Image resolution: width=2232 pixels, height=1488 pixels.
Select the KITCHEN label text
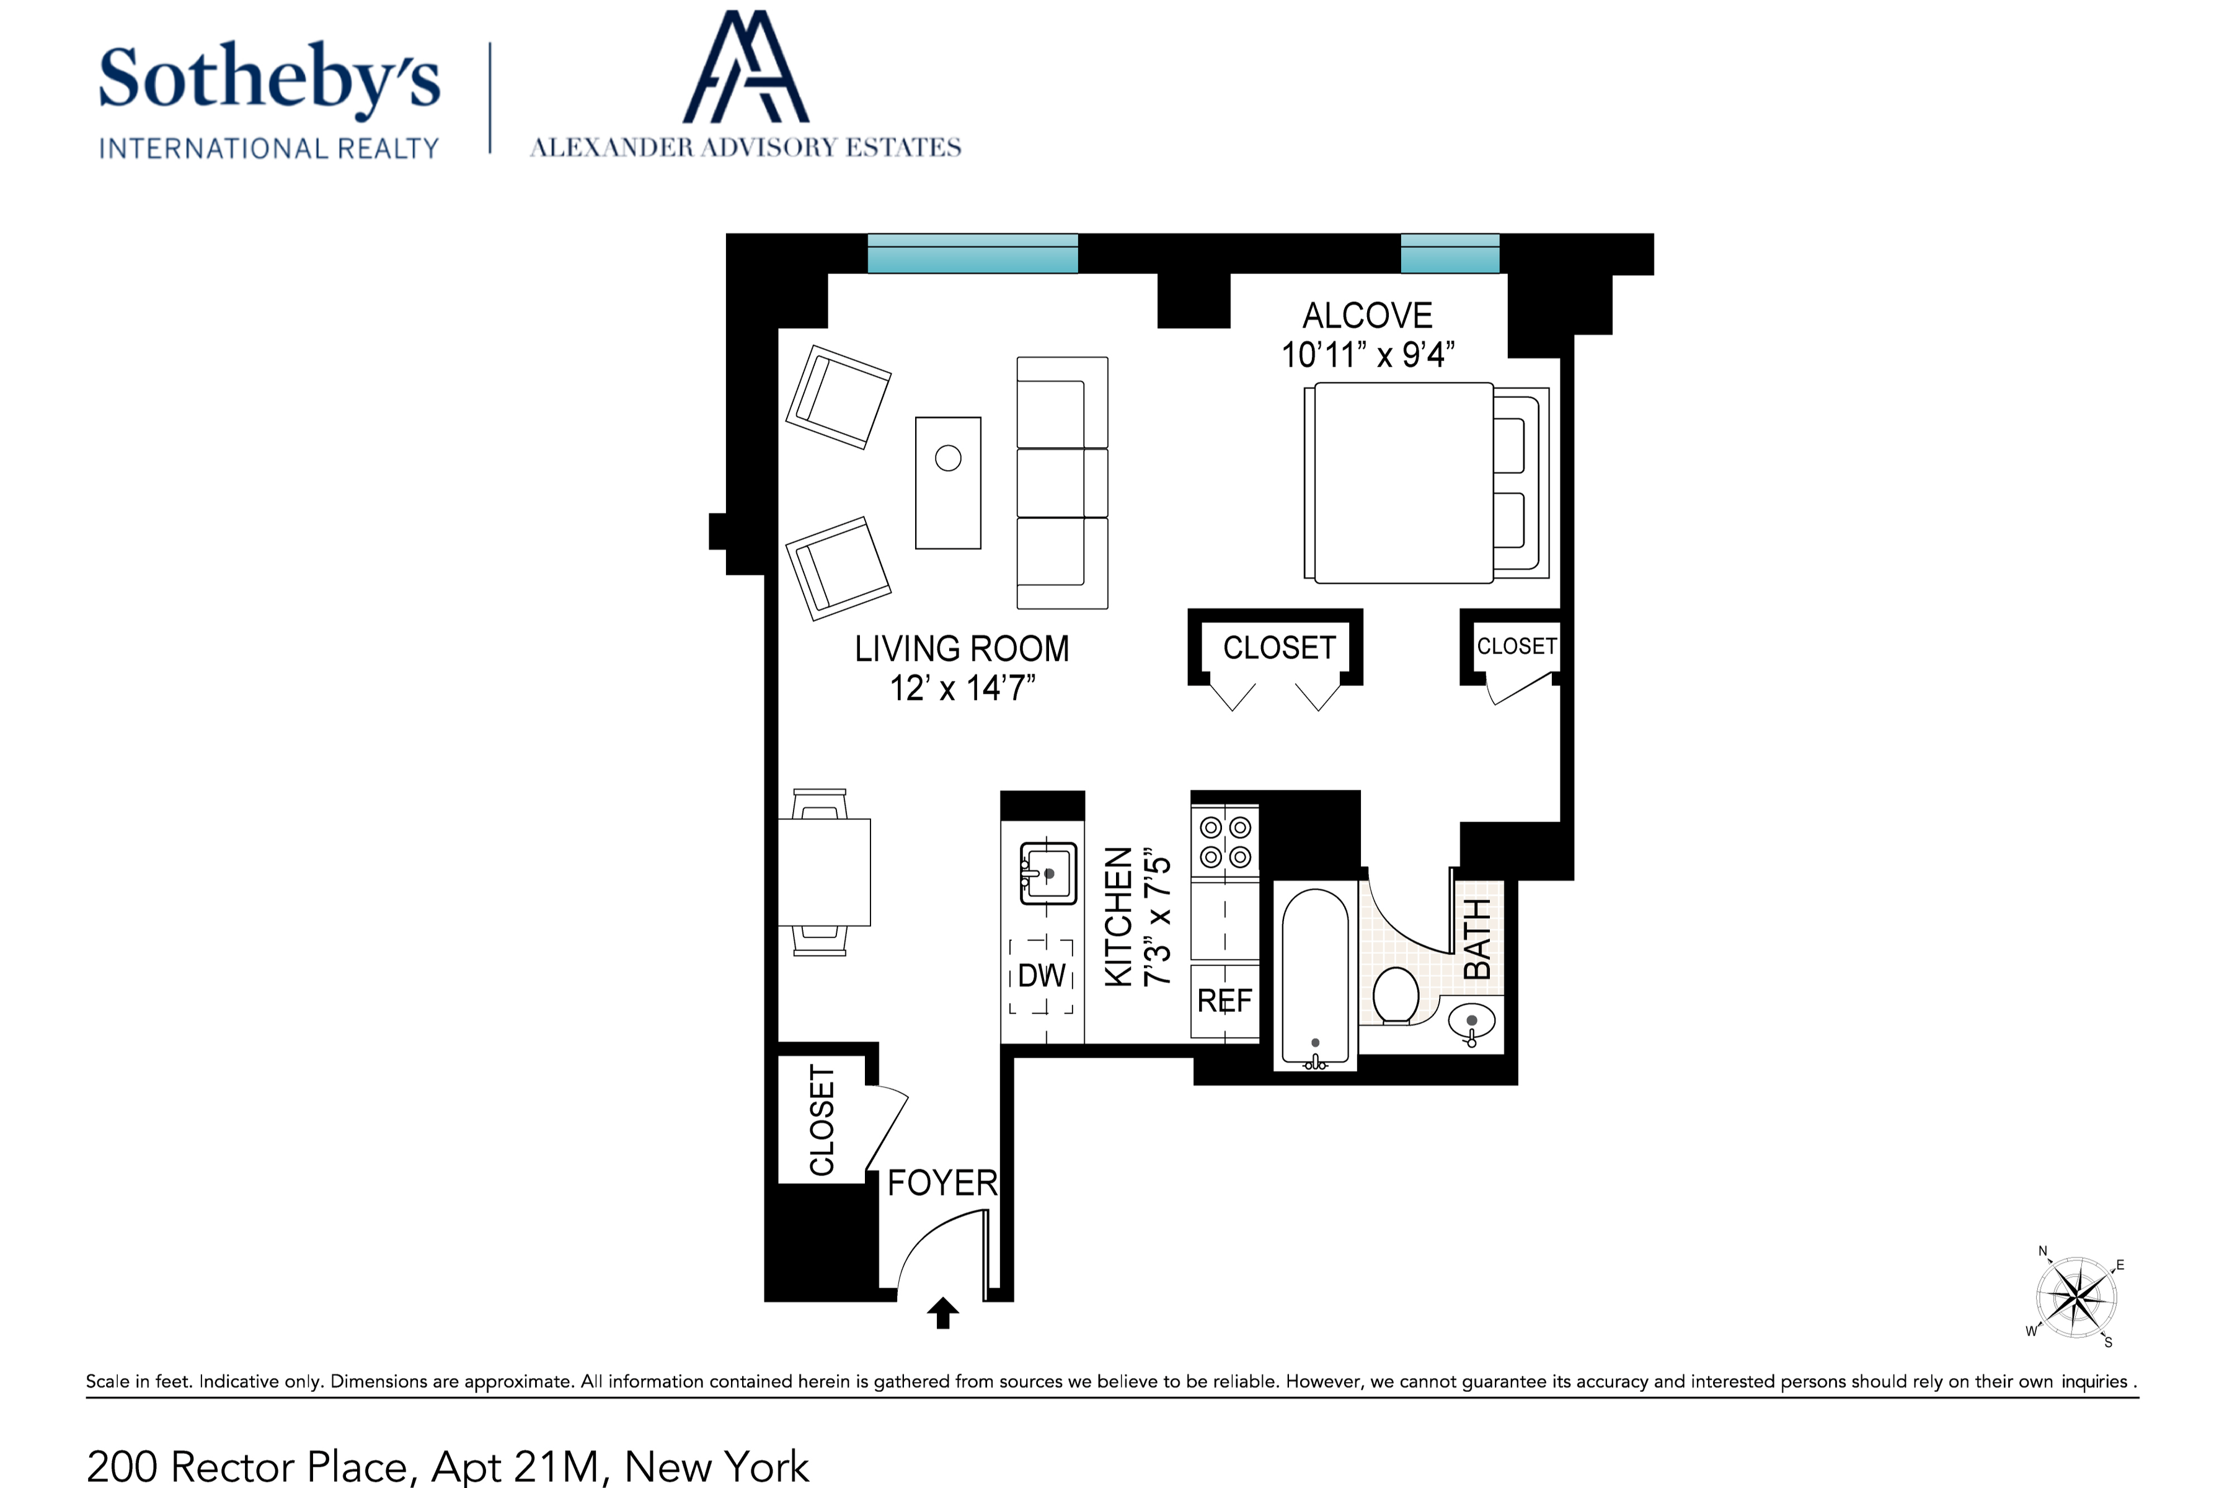tap(1120, 918)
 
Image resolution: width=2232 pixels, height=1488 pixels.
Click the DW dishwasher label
tap(1042, 975)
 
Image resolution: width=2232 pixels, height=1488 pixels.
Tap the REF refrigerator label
tap(1224, 1000)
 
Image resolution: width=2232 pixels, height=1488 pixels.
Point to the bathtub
tap(1314, 978)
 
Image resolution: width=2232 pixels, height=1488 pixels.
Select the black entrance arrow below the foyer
tap(942, 1313)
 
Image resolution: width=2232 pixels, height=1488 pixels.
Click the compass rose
tap(2076, 1297)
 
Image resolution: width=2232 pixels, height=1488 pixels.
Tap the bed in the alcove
tap(1427, 482)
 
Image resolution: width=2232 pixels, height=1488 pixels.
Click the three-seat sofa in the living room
tap(1063, 483)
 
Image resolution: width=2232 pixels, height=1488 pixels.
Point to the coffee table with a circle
tap(948, 483)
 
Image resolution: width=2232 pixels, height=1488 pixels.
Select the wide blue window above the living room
tap(973, 254)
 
